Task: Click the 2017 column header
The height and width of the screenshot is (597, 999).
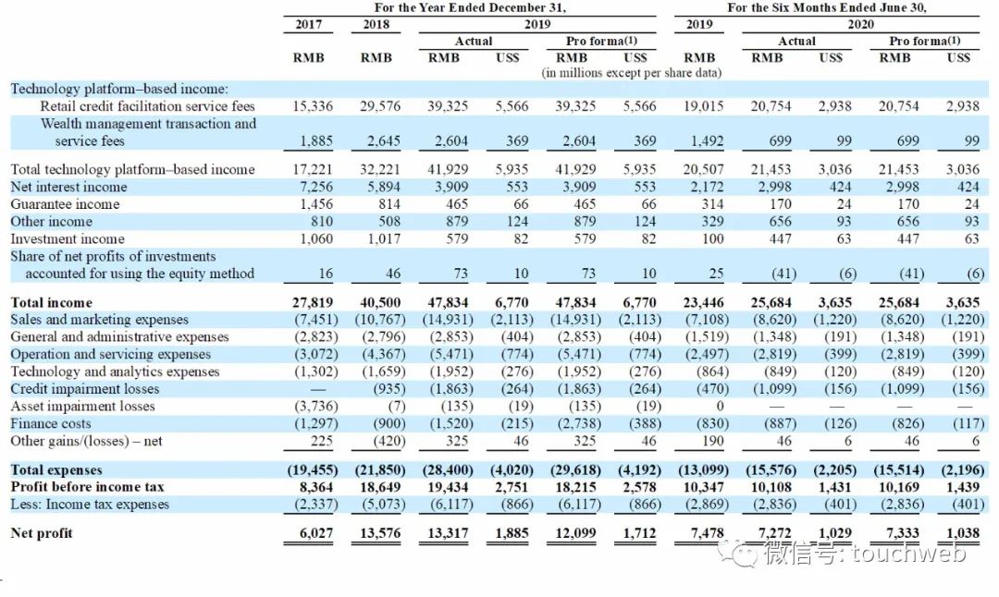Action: tap(308, 25)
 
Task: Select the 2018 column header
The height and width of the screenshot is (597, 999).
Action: tap(376, 25)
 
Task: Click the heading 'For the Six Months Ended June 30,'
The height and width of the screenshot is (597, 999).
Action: tap(826, 7)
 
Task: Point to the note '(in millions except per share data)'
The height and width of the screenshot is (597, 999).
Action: tap(631, 72)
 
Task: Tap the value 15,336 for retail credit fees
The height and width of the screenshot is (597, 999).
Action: tap(313, 106)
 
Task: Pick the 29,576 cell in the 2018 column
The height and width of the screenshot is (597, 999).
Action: tap(380, 106)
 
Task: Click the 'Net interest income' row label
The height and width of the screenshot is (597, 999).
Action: tap(68, 187)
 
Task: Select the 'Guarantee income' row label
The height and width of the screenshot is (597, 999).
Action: tap(65, 204)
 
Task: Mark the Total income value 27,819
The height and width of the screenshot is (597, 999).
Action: tap(313, 302)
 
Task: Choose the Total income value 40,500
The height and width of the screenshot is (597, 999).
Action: tap(380, 302)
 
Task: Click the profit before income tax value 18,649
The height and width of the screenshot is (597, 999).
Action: tap(380, 487)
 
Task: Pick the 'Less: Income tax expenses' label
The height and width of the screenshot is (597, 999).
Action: tap(90, 505)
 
